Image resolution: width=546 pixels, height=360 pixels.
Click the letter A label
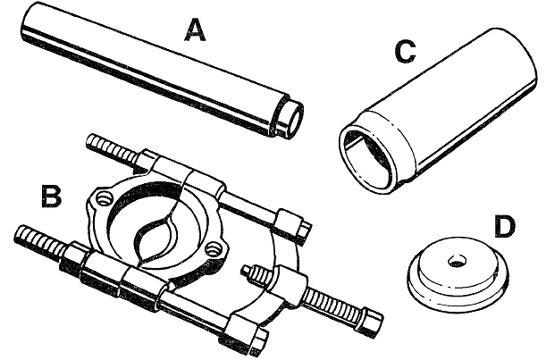coord(194,32)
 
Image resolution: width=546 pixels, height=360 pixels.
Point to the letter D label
coord(505,226)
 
